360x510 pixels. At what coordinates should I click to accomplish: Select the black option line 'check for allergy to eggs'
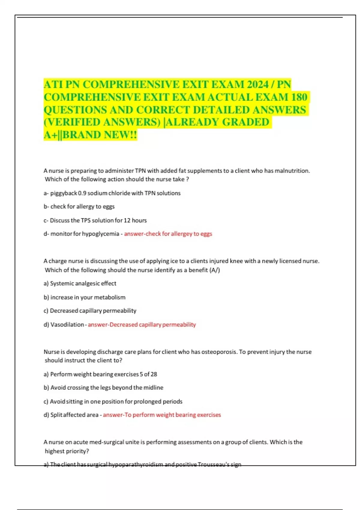pos(82,207)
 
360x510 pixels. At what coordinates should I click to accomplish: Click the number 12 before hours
pos(127,220)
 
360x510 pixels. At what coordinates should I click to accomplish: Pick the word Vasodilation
pos(67,325)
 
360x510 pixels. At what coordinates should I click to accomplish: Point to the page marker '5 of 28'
pos(148,374)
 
